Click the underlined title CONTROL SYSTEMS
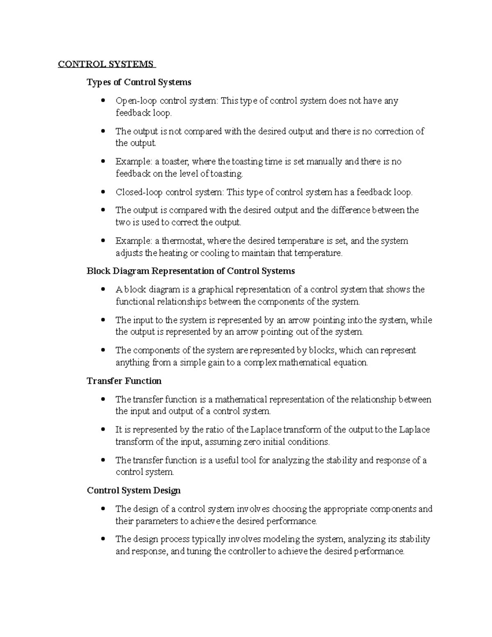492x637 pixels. [x=106, y=64]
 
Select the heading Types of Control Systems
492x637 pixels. [x=139, y=82]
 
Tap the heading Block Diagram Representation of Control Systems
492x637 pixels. [x=191, y=271]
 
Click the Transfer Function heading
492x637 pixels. [x=124, y=381]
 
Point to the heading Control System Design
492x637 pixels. [x=134, y=491]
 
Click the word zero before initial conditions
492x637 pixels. [x=253, y=442]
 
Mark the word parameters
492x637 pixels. [x=152, y=521]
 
